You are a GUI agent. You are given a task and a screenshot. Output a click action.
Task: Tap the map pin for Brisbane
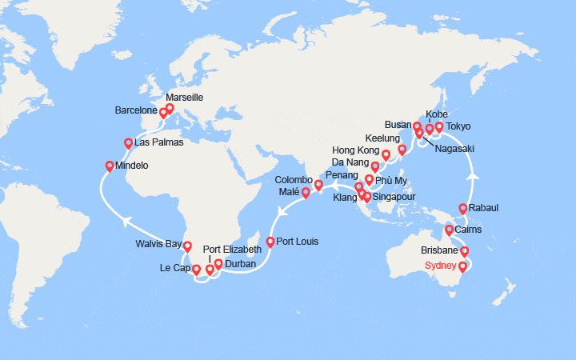[x=464, y=252]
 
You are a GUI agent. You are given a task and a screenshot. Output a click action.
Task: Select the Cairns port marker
[x=449, y=230]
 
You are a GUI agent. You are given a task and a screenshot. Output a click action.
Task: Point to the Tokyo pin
[x=438, y=126]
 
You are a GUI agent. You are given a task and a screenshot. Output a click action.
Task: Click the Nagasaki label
[x=454, y=148]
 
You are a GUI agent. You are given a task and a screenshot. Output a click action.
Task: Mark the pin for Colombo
[x=318, y=186]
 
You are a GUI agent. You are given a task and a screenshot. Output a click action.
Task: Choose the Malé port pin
[x=306, y=193]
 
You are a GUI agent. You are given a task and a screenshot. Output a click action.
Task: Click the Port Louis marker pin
[x=270, y=242]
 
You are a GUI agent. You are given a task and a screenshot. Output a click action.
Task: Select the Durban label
[x=240, y=263]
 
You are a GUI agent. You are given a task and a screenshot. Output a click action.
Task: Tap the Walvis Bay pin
[x=186, y=246]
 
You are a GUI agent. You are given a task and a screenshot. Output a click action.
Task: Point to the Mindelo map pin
[x=110, y=166]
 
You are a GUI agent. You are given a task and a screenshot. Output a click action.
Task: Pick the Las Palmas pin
[x=128, y=143]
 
